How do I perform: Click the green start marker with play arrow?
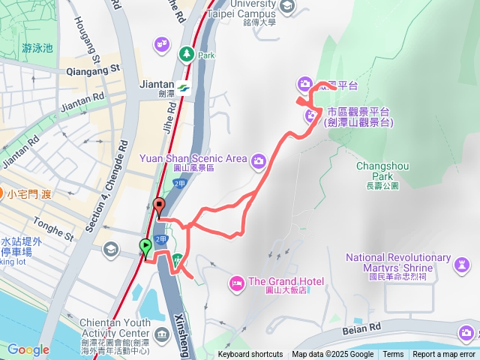[x=145, y=245]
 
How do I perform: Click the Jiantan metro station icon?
[x=184, y=88]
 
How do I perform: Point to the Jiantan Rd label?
[x=82, y=101]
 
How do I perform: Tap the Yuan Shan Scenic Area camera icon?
[x=259, y=159]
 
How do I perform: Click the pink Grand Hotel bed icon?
[x=236, y=283]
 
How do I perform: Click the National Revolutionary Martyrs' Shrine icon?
[x=464, y=263]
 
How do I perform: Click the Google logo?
[x=28, y=349]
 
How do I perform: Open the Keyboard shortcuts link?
[x=250, y=355]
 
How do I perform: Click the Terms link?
[x=393, y=355]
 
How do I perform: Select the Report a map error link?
[x=444, y=355]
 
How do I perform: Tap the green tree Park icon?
[x=185, y=54]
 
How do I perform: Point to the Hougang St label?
[x=88, y=41]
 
